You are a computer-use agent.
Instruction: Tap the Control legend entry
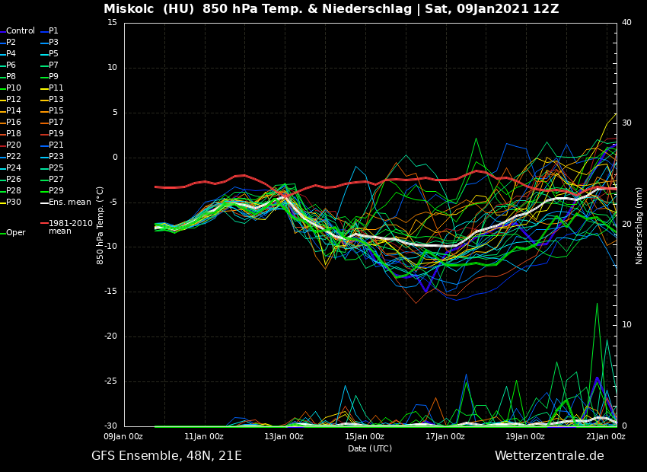tap(21, 31)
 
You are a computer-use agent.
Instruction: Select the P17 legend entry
tap(56, 123)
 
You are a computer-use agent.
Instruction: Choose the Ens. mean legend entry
tap(69, 203)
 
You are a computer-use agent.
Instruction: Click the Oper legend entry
tap(15, 233)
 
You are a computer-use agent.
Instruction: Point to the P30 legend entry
tap(14, 203)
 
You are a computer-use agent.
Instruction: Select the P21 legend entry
tap(56, 145)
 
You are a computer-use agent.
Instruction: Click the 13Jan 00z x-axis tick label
tap(284, 436)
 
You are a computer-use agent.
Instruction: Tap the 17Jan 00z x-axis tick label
tap(445, 436)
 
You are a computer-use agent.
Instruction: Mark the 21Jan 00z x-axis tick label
tap(606, 436)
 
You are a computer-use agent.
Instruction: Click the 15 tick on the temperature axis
tap(112, 23)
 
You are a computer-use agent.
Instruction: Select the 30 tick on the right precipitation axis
tap(626, 123)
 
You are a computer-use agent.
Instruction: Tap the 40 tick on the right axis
tap(626, 23)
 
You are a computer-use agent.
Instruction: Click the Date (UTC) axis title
tap(370, 448)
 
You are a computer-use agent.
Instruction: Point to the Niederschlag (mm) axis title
tap(639, 225)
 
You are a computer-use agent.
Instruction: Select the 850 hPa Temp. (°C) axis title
tap(100, 225)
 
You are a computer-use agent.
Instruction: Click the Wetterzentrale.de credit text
tap(549, 456)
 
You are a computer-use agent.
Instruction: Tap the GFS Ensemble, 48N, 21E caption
tap(167, 456)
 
